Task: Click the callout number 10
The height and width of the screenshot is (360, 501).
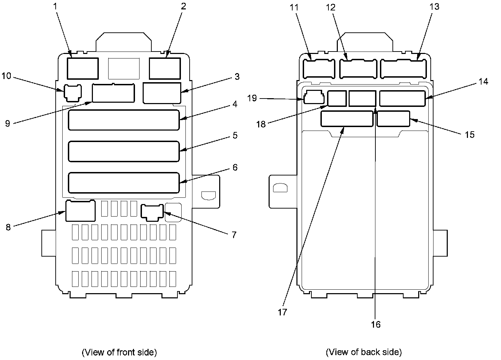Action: click(7, 76)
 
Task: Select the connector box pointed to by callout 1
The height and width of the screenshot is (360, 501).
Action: click(82, 69)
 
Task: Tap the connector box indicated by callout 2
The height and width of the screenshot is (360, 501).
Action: click(165, 69)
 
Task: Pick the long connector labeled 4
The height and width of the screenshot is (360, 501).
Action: click(124, 120)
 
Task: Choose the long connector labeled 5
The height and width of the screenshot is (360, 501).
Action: click(124, 151)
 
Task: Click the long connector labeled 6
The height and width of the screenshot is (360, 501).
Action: click(124, 182)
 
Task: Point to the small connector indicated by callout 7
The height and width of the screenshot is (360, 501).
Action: click(152, 212)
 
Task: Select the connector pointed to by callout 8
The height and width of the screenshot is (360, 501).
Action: click(80, 211)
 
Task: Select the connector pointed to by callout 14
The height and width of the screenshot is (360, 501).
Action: click(402, 99)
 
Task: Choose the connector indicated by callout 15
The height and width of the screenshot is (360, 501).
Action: click(393, 119)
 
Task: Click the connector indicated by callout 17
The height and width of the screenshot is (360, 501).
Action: click(347, 119)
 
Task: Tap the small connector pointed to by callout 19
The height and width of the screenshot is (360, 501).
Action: click(314, 98)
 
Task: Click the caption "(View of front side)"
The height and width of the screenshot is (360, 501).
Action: click(119, 352)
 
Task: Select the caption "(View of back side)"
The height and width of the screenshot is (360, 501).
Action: click(364, 352)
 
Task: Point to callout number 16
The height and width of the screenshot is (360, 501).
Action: click(376, 324)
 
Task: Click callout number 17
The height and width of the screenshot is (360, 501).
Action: click(282, 312)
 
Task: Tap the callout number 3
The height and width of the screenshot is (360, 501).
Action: click(237, 77)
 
